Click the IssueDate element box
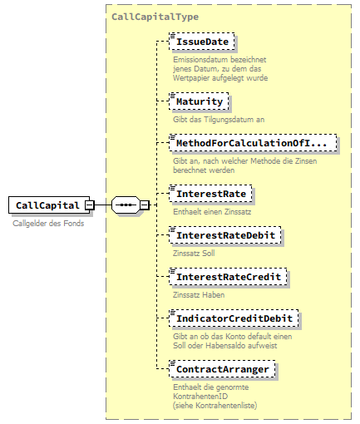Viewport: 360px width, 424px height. [202, 41]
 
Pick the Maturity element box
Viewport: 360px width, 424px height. [200, 101]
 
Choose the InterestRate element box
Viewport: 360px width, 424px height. [211, 195]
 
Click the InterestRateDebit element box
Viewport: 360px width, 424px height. [225, 237]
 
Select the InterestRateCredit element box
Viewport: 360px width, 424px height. [229, 275]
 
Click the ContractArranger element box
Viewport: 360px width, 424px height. [222, 367]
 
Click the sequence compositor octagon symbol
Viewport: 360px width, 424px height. [125, 205]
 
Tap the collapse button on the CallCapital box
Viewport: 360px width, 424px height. [89, 205]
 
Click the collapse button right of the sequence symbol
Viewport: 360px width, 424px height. [144, 205]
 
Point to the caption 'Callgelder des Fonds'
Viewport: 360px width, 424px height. [48, 223]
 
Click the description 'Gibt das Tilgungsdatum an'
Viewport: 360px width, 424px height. [218, 120]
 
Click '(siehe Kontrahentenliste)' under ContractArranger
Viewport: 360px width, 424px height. [215, 405]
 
